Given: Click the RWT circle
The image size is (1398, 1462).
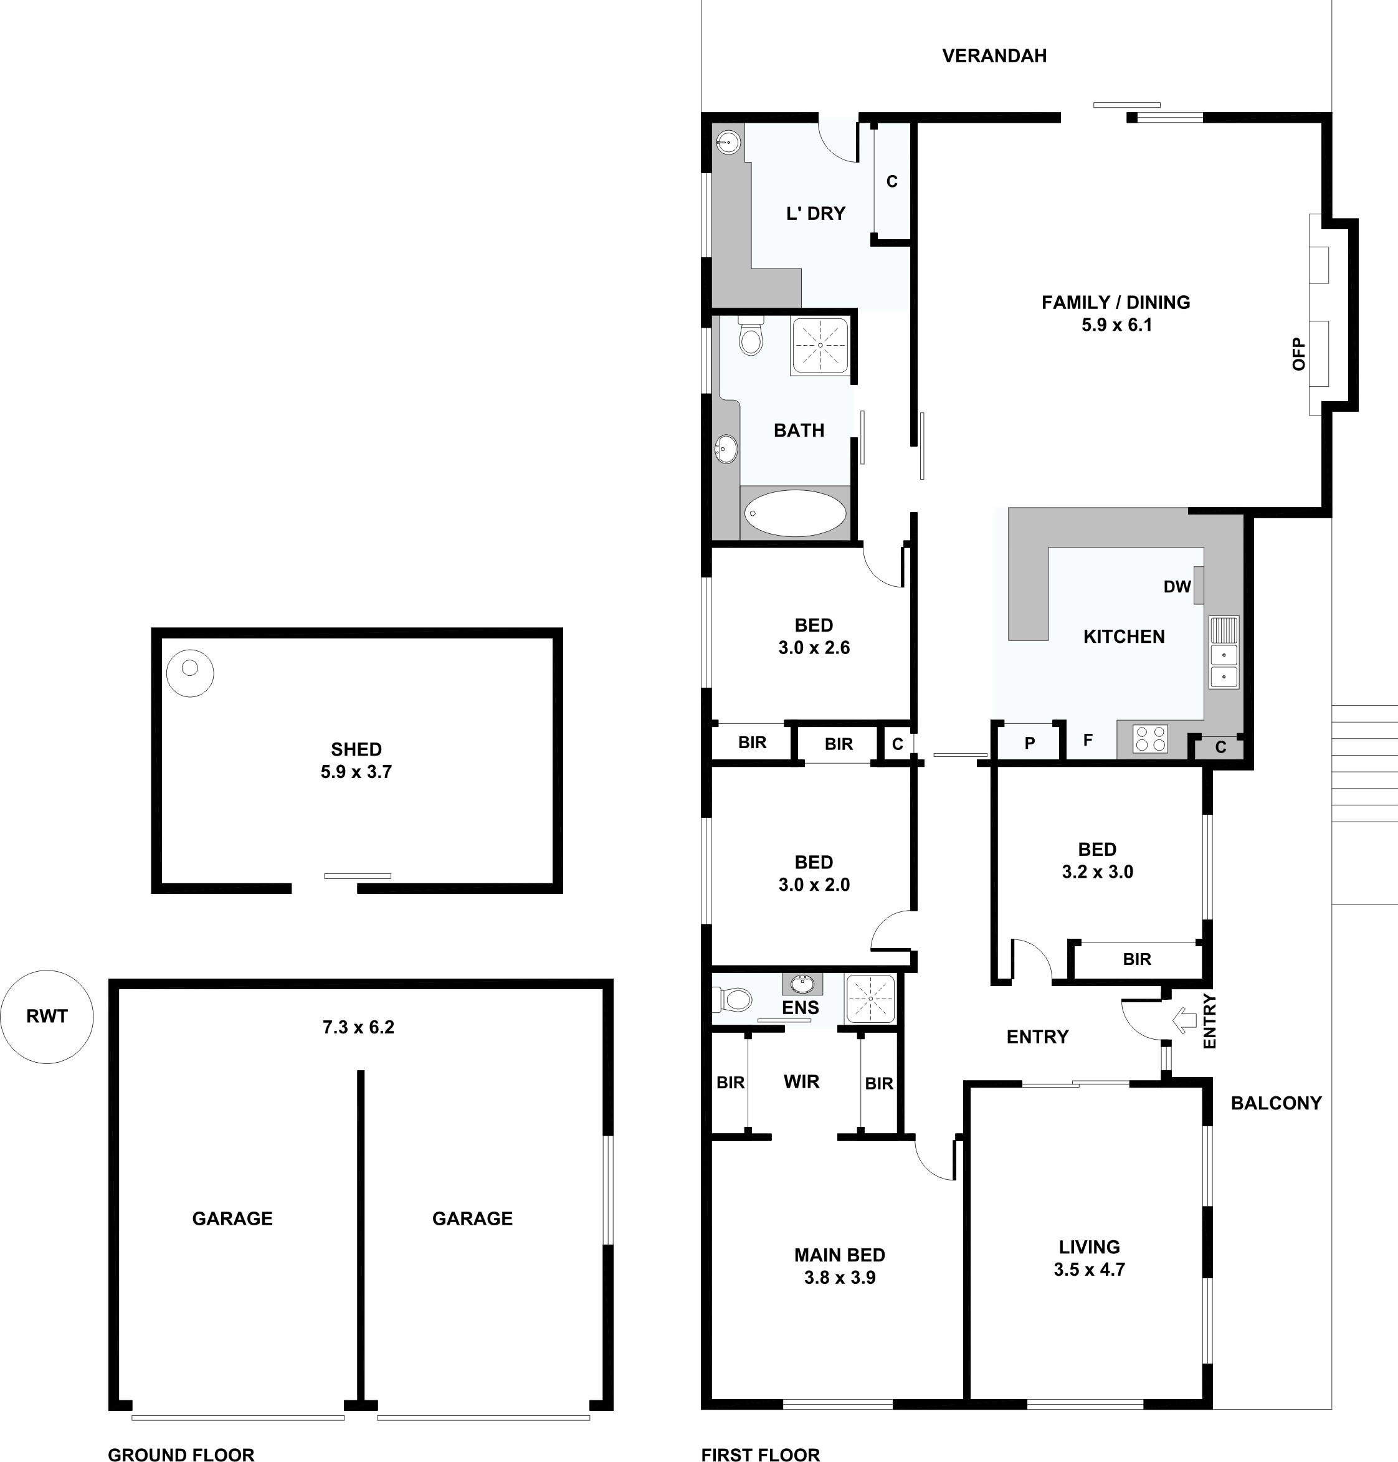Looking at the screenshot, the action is point(47,1017).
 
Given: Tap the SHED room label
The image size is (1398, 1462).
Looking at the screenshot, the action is point(356,749).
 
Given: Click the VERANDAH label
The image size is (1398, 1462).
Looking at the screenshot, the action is point(994,56).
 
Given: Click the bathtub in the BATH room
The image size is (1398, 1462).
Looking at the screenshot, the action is point(795,513).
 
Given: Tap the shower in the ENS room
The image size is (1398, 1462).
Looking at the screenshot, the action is point(870,999).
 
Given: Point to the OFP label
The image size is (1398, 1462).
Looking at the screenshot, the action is point(1299,354).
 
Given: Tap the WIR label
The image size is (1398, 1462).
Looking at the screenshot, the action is point(802,1082).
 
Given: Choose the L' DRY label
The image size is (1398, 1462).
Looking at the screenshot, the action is point(816,214).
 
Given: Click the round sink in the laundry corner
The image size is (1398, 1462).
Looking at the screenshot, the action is point(728,141).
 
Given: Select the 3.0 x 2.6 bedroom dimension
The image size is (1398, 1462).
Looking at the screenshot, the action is point(814,648).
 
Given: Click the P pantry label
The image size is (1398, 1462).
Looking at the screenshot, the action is point(1030,743).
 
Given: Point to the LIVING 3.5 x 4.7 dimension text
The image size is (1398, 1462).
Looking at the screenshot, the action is point(1090,1270).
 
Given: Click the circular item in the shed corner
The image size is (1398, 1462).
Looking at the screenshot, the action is point(190,673).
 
